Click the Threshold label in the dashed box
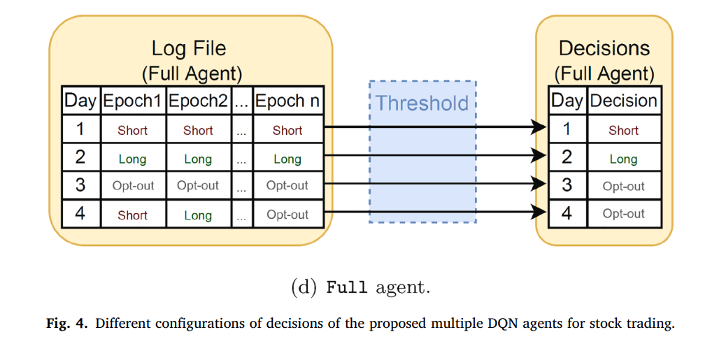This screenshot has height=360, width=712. (422, 103)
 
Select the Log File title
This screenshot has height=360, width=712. (189, 48)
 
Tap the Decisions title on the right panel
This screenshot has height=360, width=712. (604, 48)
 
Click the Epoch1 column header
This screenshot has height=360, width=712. (132, 101)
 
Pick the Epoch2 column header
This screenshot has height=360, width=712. (198, 101)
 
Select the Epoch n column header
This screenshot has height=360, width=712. (287, 101)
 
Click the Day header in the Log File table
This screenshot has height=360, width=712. (80, 101)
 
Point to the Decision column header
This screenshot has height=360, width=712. (623, 101)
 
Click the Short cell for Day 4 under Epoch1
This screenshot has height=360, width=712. (132, 215)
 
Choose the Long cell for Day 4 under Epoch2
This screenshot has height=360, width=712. (198, 215)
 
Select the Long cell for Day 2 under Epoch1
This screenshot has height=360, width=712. (132, 159)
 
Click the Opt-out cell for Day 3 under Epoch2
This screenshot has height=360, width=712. (198, 186)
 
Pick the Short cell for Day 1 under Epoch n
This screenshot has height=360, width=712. (287, 131)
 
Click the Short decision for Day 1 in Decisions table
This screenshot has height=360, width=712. (623, 131)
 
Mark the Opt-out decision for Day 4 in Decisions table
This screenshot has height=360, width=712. (623, 214)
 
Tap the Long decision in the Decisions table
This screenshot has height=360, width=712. (623, 159)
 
